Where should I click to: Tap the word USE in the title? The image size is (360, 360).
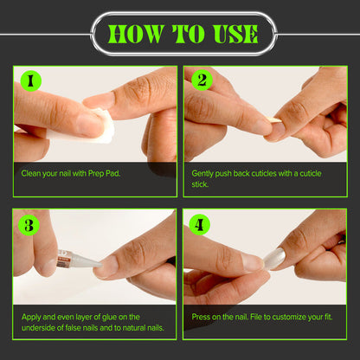[235, 34]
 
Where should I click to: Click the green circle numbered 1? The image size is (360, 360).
[31, 81]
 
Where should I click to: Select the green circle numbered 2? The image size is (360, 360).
[202, 80]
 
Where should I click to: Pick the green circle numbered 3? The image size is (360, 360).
[29, 225]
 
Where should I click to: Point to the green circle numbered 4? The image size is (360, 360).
[199, 224]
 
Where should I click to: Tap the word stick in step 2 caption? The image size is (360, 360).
[200, 184]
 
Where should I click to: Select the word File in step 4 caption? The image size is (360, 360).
[256, 317]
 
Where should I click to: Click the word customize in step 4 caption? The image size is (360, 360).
[288, 318]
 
